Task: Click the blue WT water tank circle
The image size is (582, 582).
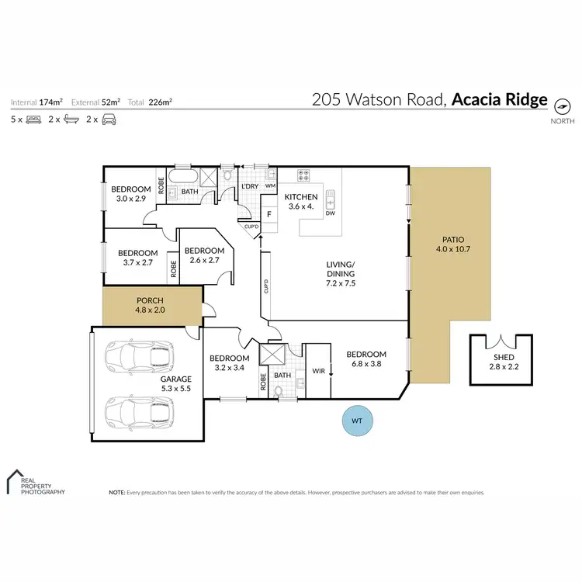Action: point(357,420)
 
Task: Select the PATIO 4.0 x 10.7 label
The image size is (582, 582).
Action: point(453,244)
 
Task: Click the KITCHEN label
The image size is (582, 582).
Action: point(300,197)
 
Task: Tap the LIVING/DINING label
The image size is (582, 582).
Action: point(340,274)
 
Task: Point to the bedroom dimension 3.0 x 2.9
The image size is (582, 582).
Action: point(130,199)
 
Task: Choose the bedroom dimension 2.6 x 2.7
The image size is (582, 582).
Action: point(204,260)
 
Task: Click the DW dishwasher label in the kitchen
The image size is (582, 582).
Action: point(331,213)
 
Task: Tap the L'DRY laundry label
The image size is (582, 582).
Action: point(250,187)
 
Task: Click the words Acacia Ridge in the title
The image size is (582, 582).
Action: point(498,100)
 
